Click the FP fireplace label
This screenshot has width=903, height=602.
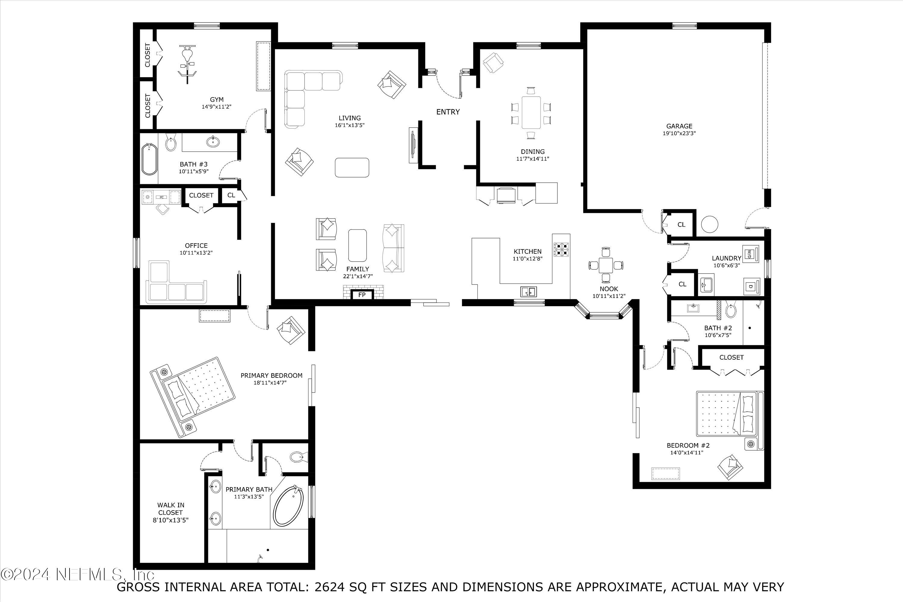(x=362, y=295)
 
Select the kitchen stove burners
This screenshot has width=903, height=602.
(x=562, y=249)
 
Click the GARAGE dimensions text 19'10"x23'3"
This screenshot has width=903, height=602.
(x=679, y=134)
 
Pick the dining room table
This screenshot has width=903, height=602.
(x=531, y=113)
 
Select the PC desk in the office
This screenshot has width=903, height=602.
(x=161, y=197)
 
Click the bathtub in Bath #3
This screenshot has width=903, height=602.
(x=149, y=164)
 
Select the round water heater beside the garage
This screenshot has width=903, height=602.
(x=710, y=224)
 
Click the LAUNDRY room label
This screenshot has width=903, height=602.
(x=726, y=258)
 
